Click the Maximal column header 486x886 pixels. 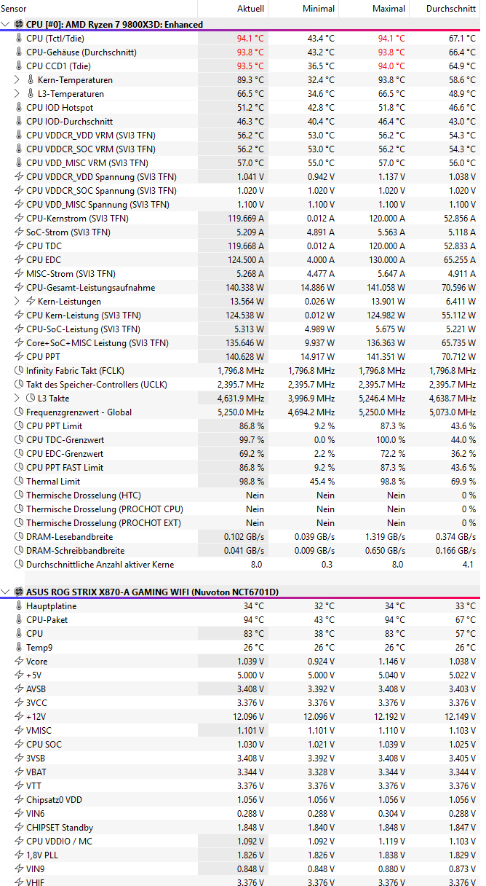(x=389, y=9)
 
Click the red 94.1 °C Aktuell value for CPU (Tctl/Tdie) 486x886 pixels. (x=250, y=38)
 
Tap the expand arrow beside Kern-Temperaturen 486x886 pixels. (x=17, y=79)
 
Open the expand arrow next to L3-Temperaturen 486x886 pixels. (x=17, y=93)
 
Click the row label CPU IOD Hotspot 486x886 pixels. (x=60, y=107)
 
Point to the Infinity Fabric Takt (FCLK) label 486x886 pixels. (x=75, y=370)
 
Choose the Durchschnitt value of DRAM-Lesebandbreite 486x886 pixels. (x=455, y=536)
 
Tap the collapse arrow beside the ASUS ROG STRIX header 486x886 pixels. (x=6, y=592)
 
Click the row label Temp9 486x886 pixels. (x=39, y=647)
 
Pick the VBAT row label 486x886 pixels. (x=37, y=772)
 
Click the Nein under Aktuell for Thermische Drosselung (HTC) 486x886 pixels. (x=255, y=495)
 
